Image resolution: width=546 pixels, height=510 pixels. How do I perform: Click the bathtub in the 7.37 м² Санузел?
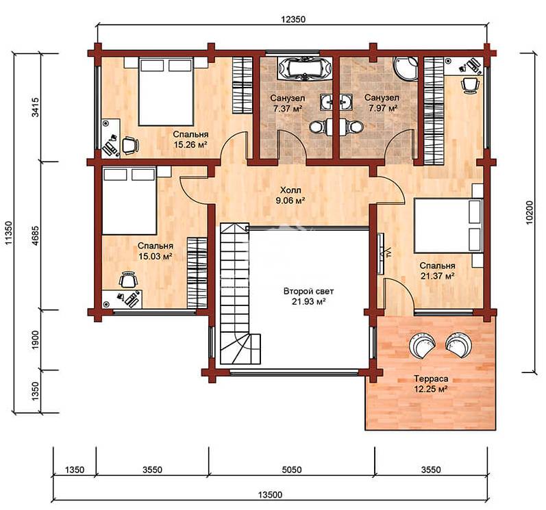(x=304, y=68)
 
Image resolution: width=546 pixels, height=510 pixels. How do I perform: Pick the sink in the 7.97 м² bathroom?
(x=346, y=102)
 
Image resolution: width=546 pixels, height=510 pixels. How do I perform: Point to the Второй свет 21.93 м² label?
(x=308, y=296)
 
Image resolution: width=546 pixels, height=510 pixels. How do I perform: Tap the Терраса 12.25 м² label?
(x=431, y=383)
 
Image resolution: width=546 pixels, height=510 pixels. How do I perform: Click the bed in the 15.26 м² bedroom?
(x=166, y=92)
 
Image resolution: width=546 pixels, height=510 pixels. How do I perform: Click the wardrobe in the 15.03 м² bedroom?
(x=197, y=272)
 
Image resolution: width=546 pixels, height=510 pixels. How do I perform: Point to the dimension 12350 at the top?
(x=293, y=19)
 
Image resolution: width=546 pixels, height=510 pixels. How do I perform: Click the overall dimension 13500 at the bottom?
(x=270, y=494)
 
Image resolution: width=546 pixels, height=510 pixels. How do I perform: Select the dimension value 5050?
(x=292, y=470)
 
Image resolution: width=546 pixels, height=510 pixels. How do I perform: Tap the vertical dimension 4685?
(x=36, y=236)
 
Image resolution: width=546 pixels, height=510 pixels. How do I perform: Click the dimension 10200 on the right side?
(x=530, y=213)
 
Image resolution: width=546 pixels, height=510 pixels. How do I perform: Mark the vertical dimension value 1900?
(x=36, y=340)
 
